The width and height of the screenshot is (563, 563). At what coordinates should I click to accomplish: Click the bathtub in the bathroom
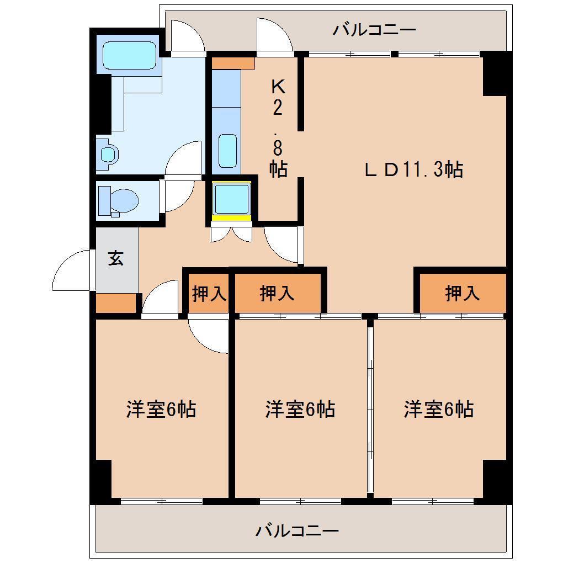[x=129, y=55]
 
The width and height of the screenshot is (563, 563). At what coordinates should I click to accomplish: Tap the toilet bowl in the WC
[x=124, y=200]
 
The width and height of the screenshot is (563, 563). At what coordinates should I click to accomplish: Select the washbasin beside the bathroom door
[x=108, y=155]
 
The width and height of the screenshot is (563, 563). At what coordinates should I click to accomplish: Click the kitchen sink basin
[x=227, y=151]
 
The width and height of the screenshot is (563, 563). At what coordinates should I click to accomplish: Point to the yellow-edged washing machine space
[x=232, y=201]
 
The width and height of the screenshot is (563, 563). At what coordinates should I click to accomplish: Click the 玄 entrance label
[x=115, y=258]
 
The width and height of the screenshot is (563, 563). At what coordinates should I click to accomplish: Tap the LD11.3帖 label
[x=413, y=169]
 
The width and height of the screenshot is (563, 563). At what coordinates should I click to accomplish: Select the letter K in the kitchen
[x=278, y=86]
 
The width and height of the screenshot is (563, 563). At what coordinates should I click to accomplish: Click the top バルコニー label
[x=374, y=29]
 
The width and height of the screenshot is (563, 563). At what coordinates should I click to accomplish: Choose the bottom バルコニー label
[x=297, y=530]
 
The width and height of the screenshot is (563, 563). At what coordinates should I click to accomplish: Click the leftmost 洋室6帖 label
[x=161, y=409]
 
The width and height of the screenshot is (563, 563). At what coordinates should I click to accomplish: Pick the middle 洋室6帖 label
[x=300, y=409]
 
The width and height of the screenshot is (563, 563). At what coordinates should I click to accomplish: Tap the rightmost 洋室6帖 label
[x=439, y=409]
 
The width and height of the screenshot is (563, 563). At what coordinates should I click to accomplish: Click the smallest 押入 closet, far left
[x=209, y=293]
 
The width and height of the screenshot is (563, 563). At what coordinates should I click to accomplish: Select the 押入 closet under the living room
[x=463, y=293]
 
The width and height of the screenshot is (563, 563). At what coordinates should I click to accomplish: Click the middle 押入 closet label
[x=277, y=293]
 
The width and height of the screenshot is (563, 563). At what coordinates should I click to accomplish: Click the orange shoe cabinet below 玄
[x=115, y=304]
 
